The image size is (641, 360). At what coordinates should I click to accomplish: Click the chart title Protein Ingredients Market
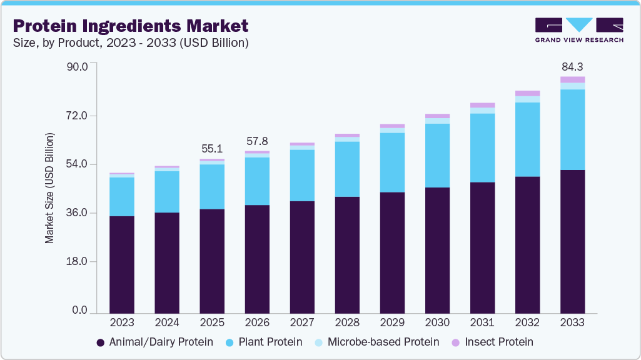[130, 26]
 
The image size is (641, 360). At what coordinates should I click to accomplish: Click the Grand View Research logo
[579, 29]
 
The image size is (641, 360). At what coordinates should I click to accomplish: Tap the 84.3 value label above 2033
[572, 66]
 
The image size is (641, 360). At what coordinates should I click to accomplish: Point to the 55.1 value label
[212, 149]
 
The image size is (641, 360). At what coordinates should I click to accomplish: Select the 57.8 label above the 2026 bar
[257, 141]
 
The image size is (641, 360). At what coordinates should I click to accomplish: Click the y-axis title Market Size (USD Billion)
[49, 187]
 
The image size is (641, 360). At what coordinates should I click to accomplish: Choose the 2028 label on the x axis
[347, 323]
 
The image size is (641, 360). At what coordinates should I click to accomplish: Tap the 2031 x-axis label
[482, 323]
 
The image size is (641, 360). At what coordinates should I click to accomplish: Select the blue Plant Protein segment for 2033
[572, 129]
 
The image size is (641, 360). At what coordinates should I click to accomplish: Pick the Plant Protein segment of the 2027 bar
[302, 176]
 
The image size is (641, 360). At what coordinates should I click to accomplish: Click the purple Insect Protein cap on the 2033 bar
[572, 79]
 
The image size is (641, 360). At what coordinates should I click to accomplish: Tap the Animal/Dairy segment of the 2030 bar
[437, 250]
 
